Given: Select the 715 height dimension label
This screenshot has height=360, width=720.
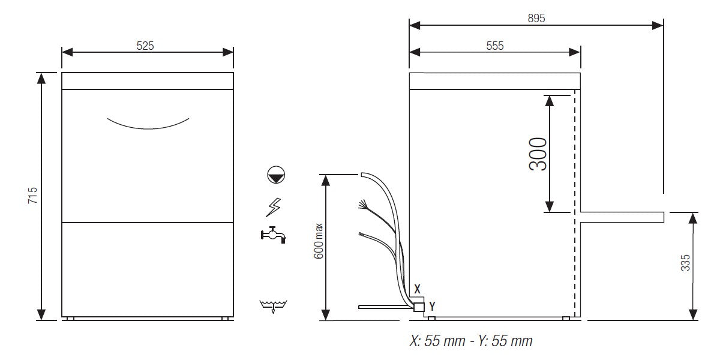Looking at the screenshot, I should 33,196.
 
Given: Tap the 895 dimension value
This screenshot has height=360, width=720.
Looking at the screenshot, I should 536,19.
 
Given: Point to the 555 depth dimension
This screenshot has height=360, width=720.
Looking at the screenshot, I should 494,46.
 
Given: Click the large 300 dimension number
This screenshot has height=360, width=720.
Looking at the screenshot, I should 538,154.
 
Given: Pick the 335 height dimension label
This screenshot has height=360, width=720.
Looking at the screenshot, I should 686,265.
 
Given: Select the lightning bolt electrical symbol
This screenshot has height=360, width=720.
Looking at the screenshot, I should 273,207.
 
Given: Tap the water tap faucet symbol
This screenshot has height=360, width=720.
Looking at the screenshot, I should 273,235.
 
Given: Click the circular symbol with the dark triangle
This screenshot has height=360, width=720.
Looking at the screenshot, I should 276,176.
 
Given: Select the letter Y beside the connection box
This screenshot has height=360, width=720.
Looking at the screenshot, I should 432,306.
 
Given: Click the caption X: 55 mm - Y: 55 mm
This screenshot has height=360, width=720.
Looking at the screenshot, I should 470,341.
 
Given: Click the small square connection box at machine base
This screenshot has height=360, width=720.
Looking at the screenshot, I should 419,307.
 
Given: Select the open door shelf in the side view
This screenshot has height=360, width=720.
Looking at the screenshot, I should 622,217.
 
